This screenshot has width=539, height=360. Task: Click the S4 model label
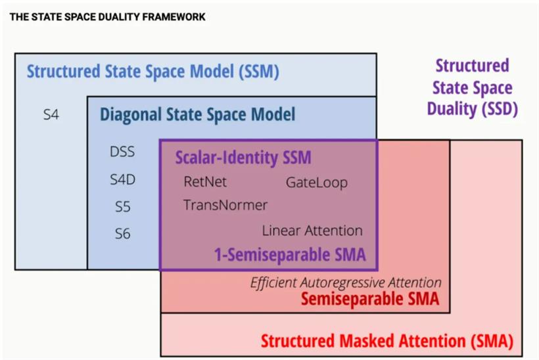pos(51,114)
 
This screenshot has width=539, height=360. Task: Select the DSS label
pos(122,152)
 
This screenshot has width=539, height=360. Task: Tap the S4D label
pos(122,179)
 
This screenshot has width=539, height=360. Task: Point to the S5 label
pos(122,207)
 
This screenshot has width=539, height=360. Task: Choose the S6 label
pos(122,234)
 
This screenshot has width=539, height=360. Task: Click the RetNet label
pos(205,182)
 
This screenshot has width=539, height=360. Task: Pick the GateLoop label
pos(317,183)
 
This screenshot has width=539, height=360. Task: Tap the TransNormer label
pos(225,205)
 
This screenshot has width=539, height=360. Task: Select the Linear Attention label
pos(312,231)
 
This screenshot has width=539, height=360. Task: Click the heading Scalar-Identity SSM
pos(243,157)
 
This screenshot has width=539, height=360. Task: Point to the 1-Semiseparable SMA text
pos(290,255)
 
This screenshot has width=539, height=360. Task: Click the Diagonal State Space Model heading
pos(197,114)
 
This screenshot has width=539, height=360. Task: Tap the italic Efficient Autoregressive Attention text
pos(346,282)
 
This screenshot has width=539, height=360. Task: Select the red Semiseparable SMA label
pos(370,299)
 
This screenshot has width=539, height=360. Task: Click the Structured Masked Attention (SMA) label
pos(387,341)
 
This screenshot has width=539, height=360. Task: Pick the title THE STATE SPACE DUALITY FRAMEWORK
pos(107,17)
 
